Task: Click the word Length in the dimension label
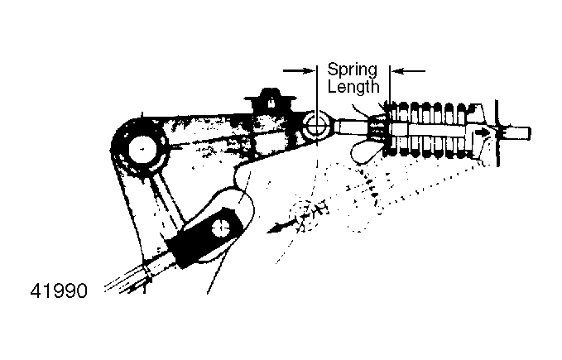353,87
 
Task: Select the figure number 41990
59,290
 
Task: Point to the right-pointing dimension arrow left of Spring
298,70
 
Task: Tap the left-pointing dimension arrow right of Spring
409,71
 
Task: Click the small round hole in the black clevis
222,228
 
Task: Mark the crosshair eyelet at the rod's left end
317,127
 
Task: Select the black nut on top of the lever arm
271,100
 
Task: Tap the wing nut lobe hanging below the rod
365,152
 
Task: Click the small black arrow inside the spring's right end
482,132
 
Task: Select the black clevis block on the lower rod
205,237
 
